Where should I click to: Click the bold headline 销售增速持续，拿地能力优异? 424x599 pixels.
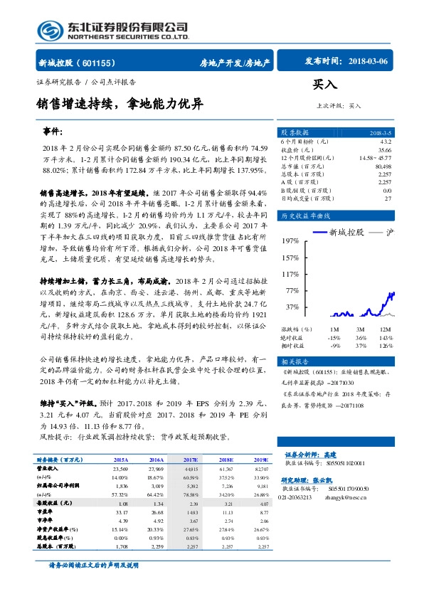coord(124,105)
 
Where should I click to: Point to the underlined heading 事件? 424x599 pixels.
coord(53,132)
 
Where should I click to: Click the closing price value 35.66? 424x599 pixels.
coord(384,150)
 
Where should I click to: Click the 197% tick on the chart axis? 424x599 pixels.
coord(290,240)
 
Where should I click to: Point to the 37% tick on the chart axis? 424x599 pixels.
coord(291,307)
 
